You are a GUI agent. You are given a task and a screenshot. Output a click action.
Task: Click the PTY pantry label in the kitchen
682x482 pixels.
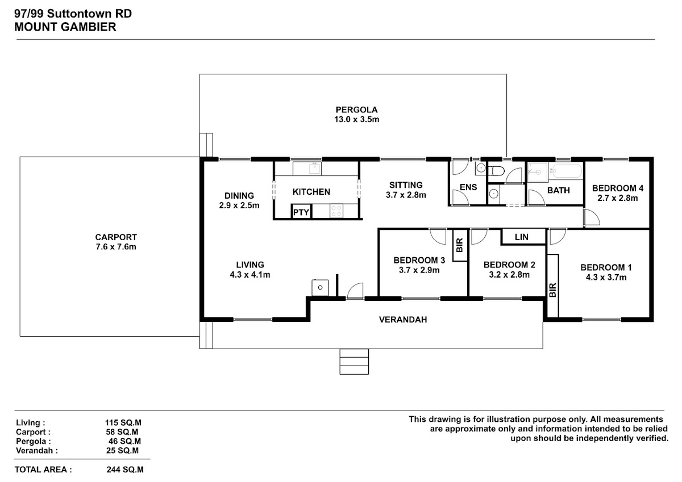click(x=301, y=212)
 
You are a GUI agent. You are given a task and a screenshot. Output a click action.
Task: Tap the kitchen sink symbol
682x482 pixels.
click(x=314, y=169)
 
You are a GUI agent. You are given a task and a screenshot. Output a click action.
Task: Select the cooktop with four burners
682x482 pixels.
click(x=336, y=211)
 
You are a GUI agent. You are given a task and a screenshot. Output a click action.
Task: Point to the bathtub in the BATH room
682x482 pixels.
click(x=567, y=171)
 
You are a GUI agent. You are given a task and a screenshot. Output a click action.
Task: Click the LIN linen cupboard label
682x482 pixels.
click(x=522, y=237)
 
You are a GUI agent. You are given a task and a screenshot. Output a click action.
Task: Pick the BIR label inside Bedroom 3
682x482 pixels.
click(x=460, y=245)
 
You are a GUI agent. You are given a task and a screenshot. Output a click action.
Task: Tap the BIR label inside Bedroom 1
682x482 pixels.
click(x=553, y=290)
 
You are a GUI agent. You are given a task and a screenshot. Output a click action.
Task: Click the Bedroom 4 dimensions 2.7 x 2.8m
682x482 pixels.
click(x=617, y=198)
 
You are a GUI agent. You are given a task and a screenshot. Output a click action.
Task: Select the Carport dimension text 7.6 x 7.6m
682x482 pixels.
click(x=116, y=247)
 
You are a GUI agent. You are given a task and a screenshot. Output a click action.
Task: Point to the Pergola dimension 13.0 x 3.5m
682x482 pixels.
click(x=356, y=120)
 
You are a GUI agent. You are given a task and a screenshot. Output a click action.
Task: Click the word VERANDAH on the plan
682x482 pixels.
click(x=403, y=320)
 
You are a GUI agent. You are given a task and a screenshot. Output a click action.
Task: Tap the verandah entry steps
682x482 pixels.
click(x=354, y=362)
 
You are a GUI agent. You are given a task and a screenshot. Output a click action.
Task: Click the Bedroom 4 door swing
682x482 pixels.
click(x=592, y=217)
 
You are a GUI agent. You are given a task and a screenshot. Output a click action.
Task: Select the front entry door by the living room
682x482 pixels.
click(x=355, y=291)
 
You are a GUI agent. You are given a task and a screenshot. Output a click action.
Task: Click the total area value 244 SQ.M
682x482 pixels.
click(x=125, y=470)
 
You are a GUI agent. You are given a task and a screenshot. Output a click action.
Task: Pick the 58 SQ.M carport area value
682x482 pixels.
click(x=122, y=432)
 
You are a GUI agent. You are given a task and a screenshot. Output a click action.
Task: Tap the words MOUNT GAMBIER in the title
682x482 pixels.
click(x=65, y=27)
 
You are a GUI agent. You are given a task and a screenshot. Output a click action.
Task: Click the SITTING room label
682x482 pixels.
click(x=406, y=185)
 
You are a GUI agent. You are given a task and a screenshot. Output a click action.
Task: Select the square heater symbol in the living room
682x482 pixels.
click(x=320, y=287)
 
